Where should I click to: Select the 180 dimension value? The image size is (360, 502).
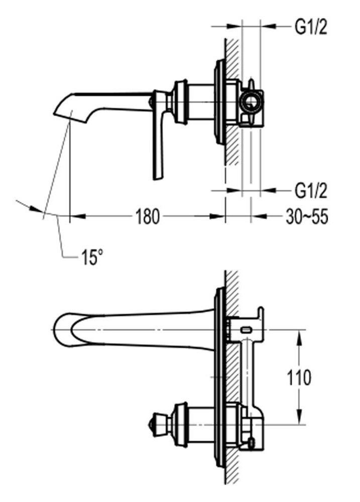(147, 217)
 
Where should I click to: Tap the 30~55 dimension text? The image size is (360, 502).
(307, 217)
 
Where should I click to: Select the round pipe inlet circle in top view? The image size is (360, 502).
(251, 103)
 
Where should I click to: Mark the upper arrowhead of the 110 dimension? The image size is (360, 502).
(300, 335)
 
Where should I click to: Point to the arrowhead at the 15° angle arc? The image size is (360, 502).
(36, 209)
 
